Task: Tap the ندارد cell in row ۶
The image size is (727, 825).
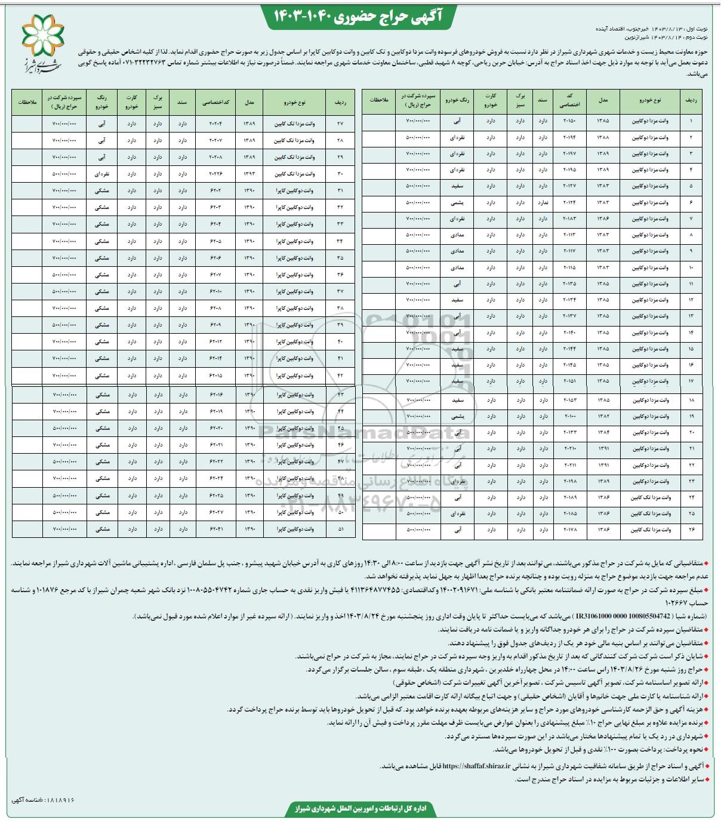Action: (x=543, y=202)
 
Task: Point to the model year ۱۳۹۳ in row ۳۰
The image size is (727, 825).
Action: (x=249, y=174)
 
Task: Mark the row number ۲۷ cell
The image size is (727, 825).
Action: (x=341, y=124)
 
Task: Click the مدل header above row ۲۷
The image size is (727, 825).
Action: (x=249, y=103)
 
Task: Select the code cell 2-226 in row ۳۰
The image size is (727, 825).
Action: (x=215, y=174)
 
